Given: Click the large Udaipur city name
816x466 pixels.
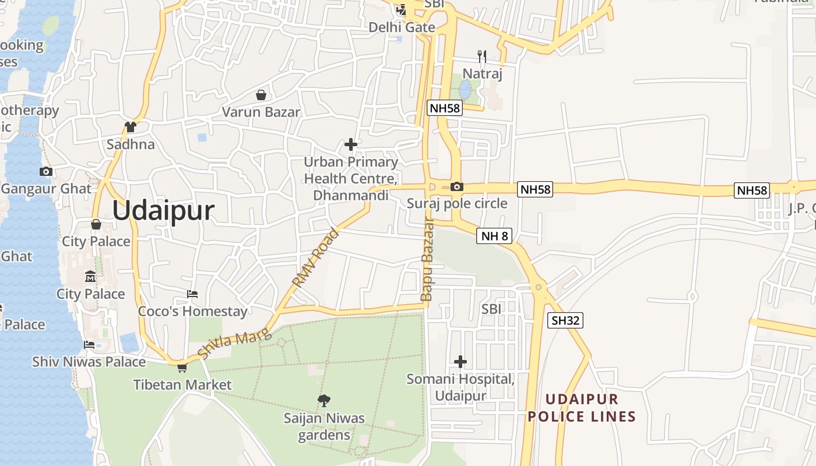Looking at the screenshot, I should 163,210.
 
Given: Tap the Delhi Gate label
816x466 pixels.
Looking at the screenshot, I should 402,27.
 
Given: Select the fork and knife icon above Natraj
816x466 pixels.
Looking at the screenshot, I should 481,57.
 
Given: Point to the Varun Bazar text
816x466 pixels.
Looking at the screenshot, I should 261,112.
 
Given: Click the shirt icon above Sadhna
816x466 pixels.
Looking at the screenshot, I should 131,126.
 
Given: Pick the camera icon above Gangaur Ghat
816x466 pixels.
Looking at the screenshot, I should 46,171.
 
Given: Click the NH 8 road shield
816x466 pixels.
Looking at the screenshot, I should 494,236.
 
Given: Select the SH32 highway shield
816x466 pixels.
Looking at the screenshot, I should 565,320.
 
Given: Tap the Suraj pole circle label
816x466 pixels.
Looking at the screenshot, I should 457,203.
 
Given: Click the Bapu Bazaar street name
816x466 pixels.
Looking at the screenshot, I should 428,259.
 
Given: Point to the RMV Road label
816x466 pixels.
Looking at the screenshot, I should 315,258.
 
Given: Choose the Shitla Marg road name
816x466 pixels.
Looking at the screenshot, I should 234,343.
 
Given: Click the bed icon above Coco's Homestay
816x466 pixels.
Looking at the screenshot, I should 192,294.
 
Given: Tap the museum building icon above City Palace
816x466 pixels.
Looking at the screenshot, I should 90,276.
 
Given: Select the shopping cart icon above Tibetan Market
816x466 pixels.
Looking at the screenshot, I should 182,368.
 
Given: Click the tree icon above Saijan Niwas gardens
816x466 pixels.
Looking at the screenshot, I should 324,400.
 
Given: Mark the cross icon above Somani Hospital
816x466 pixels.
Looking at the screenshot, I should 460,362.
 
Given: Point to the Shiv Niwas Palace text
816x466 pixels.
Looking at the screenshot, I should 89,362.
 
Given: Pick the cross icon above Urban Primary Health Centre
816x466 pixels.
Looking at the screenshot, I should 351,144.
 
